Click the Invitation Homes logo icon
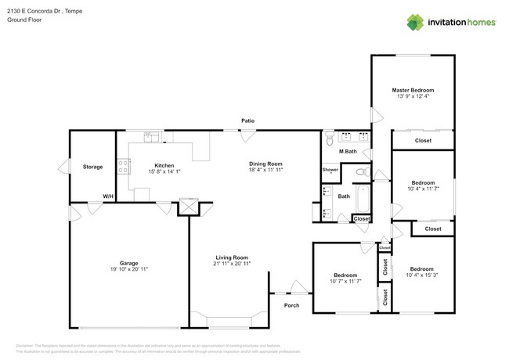415,22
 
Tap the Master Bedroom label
413,90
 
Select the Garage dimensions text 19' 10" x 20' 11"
128,269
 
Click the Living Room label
232,257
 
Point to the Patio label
247,121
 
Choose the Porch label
291,305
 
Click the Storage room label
92,167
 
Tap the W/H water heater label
107,196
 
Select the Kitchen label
164,165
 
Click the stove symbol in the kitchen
123,165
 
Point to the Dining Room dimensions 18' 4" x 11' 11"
265,170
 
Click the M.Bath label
348,150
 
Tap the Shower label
330,170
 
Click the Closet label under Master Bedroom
423,141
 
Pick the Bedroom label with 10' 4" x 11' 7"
423,182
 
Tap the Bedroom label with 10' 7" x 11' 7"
345,275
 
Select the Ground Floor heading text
23,20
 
